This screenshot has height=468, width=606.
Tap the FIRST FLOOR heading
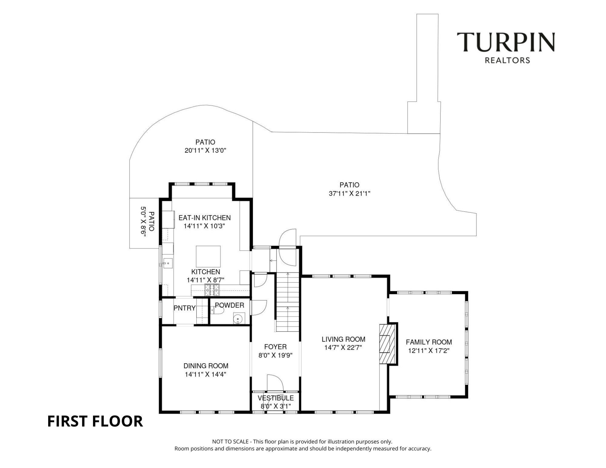pyautogui.click(x=95, y=421)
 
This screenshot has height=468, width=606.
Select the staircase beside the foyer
pyautogui.click(x=287, y=302)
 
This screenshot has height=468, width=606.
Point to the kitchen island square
pyautogui.click(x=208, y=257)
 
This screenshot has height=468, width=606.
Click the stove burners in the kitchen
pyautogui.click(x=212, y=290)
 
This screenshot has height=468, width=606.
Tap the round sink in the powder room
pyautogui.click(x=238, y=319)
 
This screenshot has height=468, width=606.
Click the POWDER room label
pyautogui.click(x=230, y=305)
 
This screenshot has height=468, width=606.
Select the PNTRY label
pyautogui.click(x=184, y=308)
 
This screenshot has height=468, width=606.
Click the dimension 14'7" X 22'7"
pyautogui.click(x=343, y=348)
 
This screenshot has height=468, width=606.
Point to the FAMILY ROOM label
pyautogui.click(x=429, y=342)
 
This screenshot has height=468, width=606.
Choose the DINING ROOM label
pyautogui.click(x=206, y=366)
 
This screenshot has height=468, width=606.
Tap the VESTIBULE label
pyautogui.click(x=276, y=398)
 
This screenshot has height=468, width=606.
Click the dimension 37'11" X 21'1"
pyautogui.click(x=350, y=193)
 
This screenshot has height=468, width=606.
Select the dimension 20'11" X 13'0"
pyautogui.click(x=205, y=151)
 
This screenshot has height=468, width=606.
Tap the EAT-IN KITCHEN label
pyautogui.click(x=205, y=218)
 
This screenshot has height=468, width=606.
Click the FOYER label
pyautogui.click(x=276, y=347)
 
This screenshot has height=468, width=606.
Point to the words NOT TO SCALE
pyautogui.click(x=230, y=441)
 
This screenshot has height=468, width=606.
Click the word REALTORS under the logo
pyautogui.click(x=508, y=60)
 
